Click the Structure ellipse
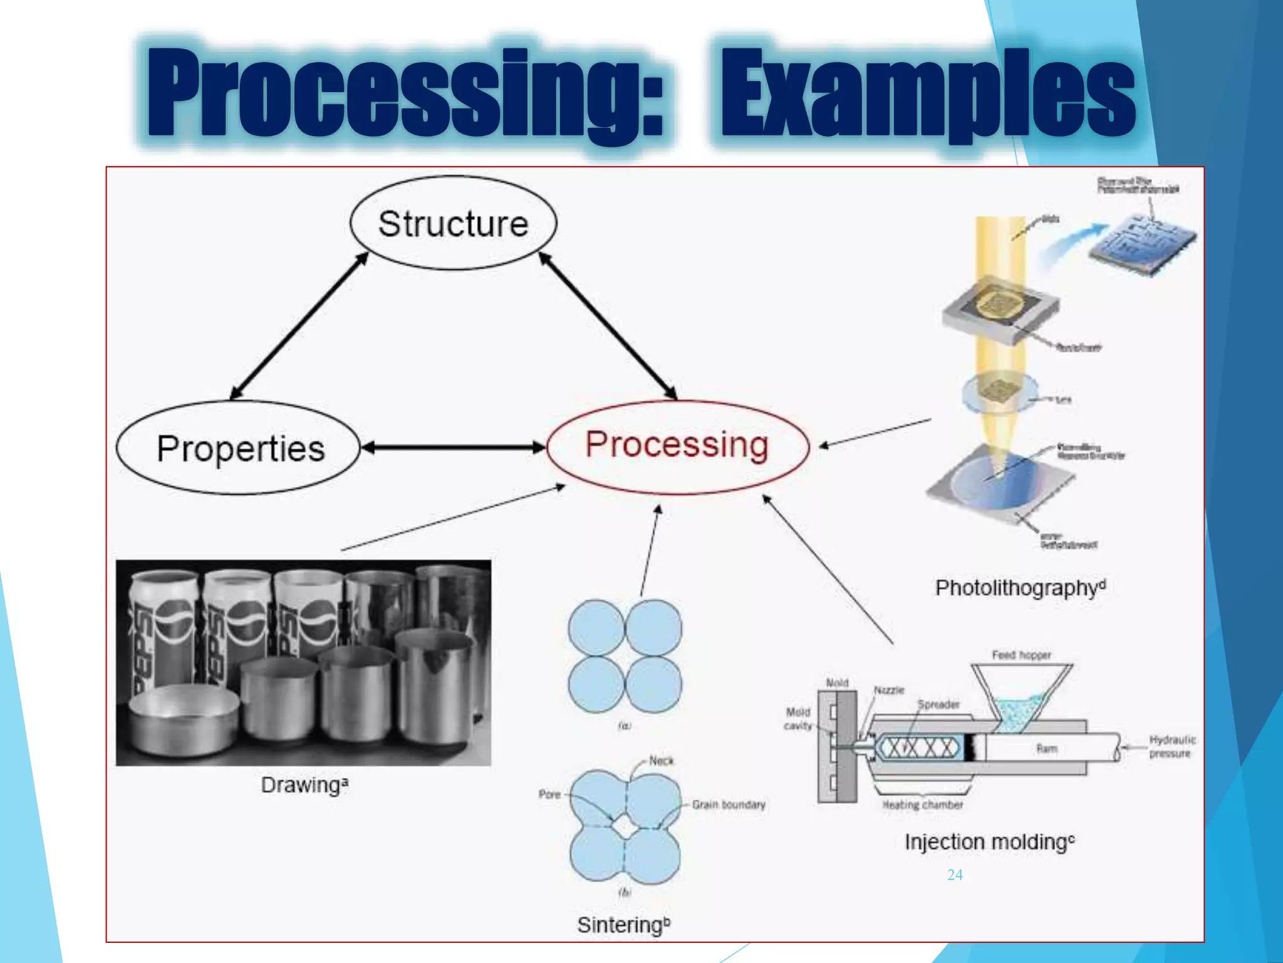453,223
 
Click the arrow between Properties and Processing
454,447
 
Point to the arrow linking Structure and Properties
299,325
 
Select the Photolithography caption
1020,588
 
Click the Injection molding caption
989,841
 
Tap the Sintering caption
623,925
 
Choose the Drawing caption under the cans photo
304,785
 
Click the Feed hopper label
1021,655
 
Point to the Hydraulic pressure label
1171,747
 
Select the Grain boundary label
729,804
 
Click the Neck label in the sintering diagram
661,760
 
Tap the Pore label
549,794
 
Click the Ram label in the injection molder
1046,749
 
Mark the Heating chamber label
922,805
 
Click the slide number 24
955,875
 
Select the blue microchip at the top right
1141,241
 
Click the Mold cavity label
797,719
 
